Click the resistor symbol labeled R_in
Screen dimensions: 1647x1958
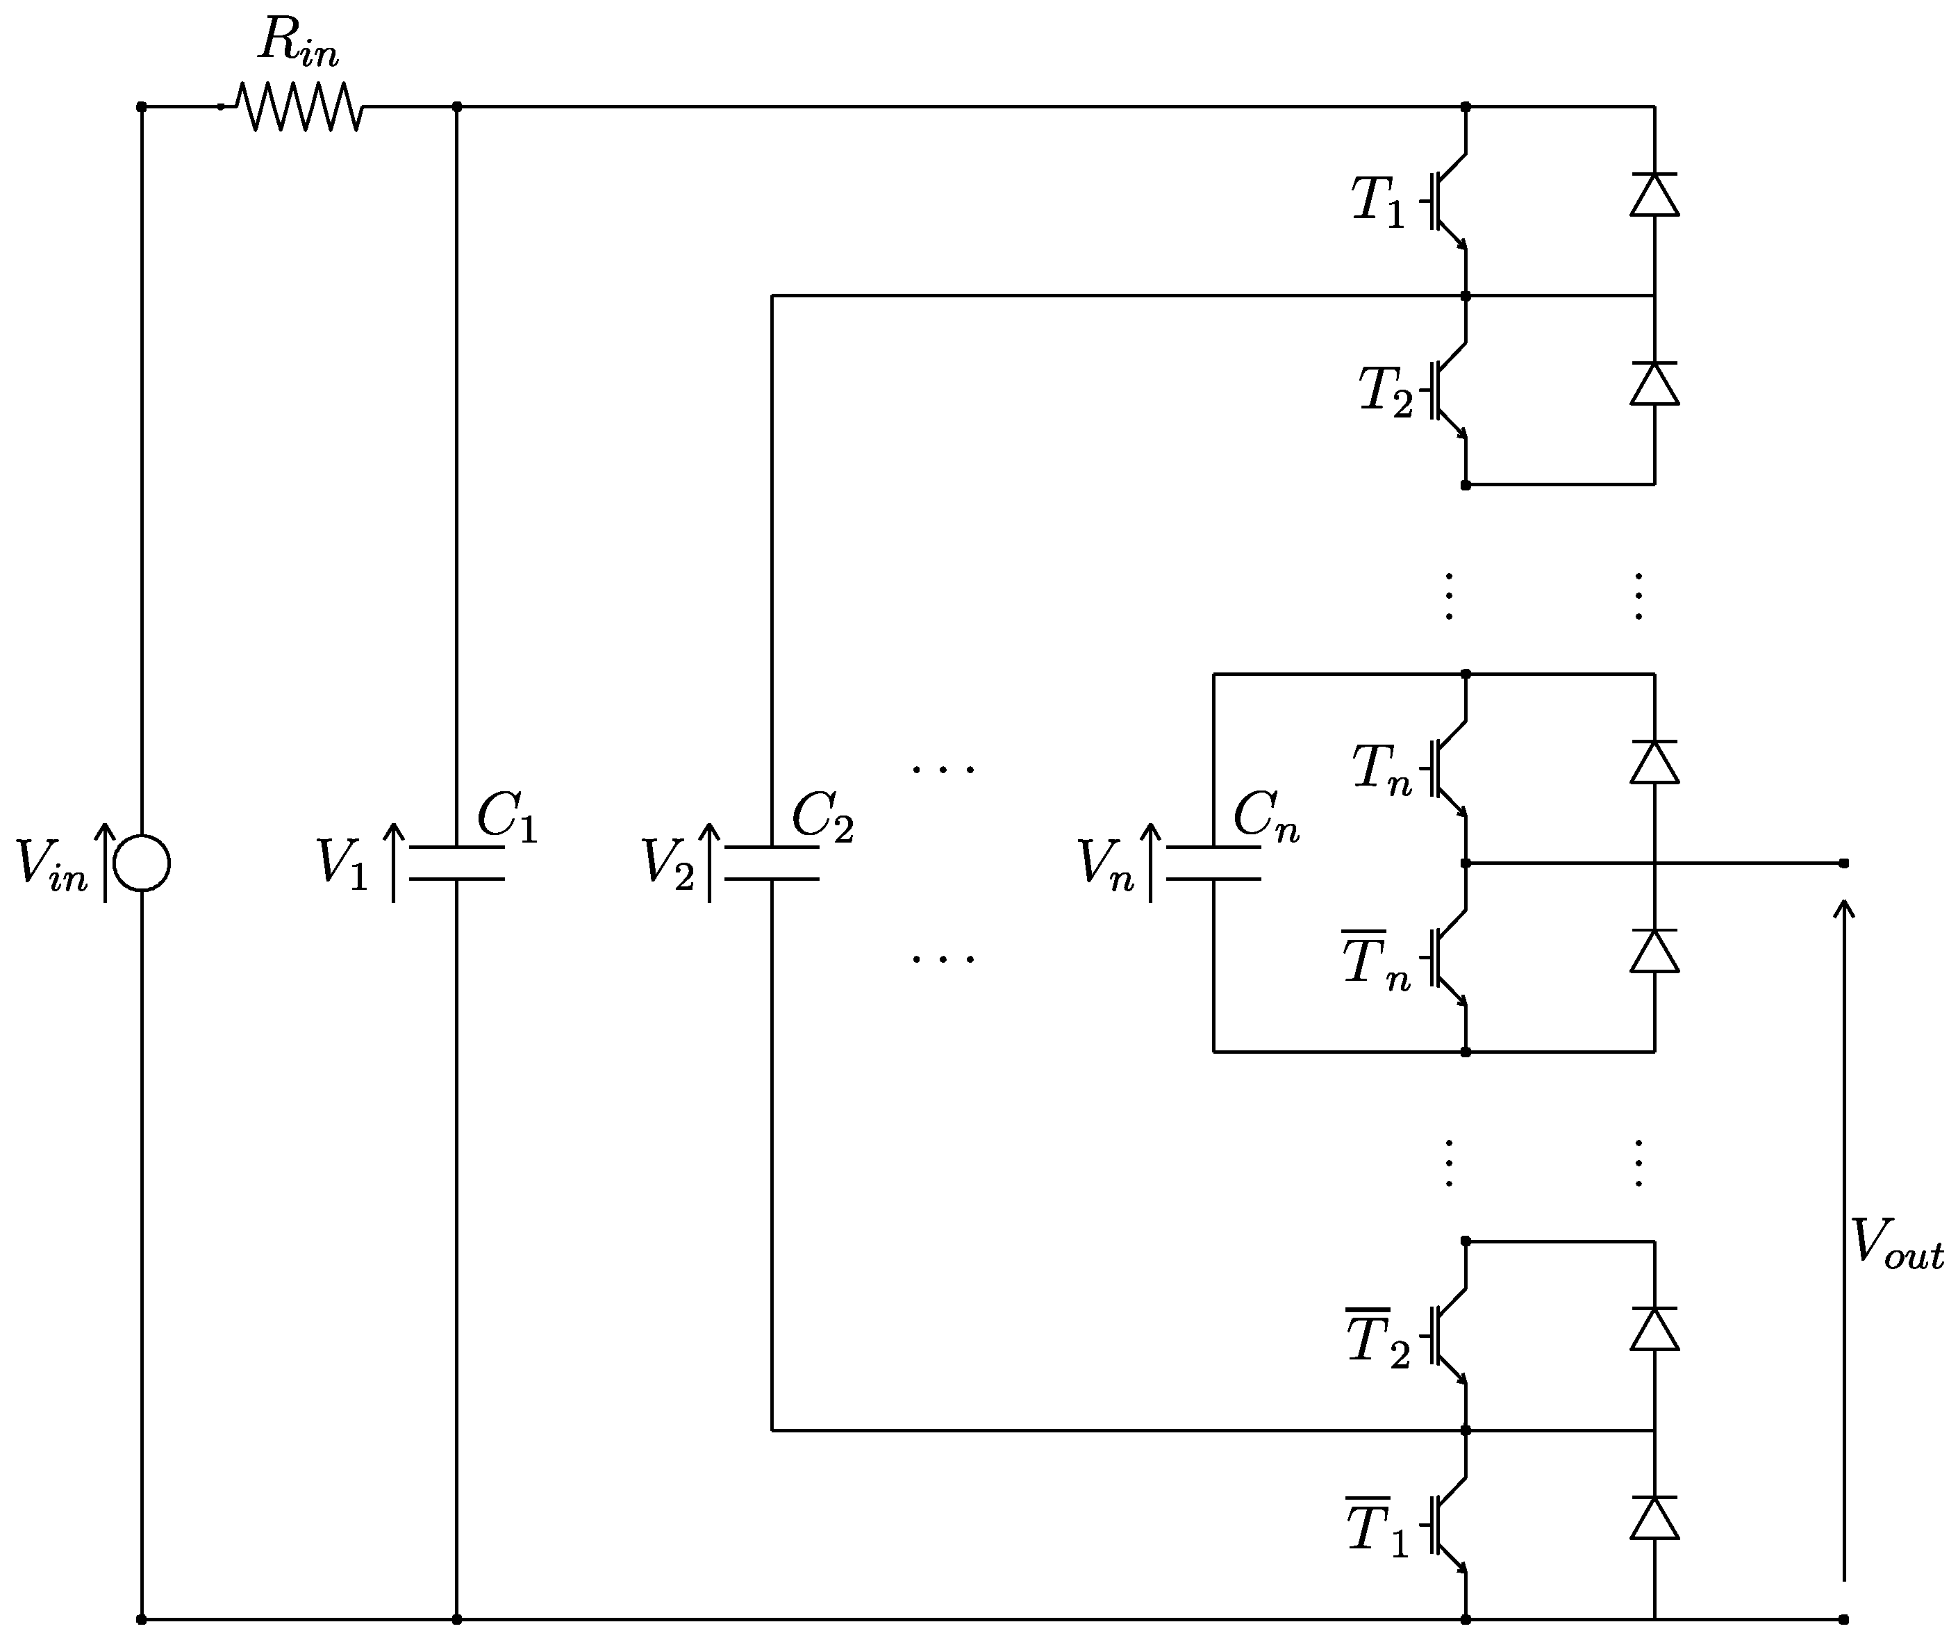299,106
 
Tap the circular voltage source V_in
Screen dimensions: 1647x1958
142,863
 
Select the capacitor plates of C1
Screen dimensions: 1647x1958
456,863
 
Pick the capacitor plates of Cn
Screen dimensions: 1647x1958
1214,863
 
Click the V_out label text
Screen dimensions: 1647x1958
1895,1246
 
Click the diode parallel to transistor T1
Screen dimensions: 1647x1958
1654,195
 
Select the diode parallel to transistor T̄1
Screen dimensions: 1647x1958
1654,1518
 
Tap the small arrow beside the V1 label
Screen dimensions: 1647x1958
394,863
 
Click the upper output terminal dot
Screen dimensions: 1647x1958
1843,863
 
